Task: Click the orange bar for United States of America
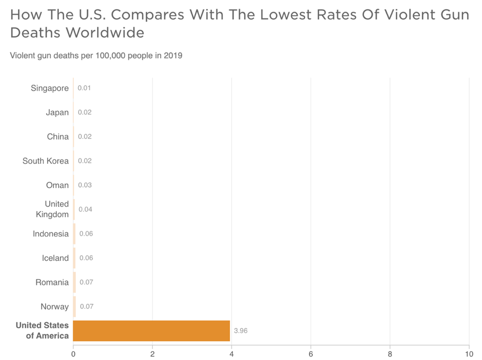tap(151, 331)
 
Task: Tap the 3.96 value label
tap(241, 331)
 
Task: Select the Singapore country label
tap(49, 88)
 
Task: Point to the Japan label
tap(57, 113)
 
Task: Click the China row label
tap(58, 136)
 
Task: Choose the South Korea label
tap(45, 161)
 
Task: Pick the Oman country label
tap(57, 185)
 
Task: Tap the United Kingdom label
tap(52, 209)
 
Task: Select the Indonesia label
tap(51, 234)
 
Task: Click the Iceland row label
tap(55, 258)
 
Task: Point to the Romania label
tap(52, 282)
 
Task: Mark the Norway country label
tap(54, 307)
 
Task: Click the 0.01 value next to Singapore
tap(84, 88)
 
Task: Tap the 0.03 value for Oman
tap(85, 185)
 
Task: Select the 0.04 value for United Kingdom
tap(85, 209)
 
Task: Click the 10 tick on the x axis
tap(469, 354)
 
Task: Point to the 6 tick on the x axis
tap(311, 354)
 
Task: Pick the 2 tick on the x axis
tap(152, 354)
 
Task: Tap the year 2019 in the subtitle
tap(173, 55)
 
